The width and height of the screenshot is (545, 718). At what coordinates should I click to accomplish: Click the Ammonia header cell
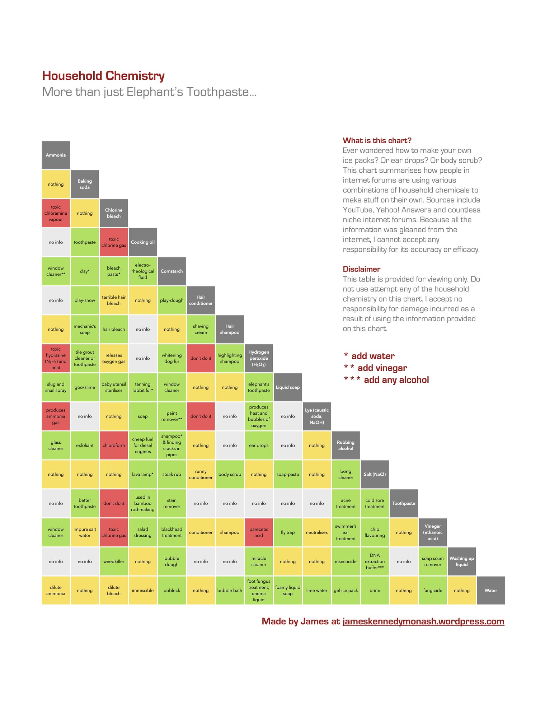pos(56,155)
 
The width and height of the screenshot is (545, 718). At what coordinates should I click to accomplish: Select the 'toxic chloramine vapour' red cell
pos(56,213)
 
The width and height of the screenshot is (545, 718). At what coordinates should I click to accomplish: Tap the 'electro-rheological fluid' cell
pos(143,271)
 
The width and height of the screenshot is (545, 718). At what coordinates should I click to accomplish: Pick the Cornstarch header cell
pos(172,271)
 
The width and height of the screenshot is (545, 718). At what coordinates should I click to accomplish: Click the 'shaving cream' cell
pos(201,329)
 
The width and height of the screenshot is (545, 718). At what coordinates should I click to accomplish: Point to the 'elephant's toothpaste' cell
pos(259,387)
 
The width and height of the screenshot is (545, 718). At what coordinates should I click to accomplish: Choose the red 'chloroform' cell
pos(114,446)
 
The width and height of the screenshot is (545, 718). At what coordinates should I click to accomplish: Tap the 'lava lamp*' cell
pos(143,475)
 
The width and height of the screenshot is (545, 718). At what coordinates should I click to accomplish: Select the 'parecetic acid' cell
pos(259,532)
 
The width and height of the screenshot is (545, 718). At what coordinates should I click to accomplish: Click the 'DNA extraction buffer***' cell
pos(375,561)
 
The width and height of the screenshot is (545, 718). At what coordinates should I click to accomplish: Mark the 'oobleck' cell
pos(172,591)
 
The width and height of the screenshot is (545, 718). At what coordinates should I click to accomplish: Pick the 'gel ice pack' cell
pos(346,591)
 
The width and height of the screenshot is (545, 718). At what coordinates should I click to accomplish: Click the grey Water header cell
pos(490,591)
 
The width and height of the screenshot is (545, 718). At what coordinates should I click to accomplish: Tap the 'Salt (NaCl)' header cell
pos(375,475)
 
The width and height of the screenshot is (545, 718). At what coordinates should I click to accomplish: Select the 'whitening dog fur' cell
pos(172,358)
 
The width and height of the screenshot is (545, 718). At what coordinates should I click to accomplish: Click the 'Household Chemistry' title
pos(103,76)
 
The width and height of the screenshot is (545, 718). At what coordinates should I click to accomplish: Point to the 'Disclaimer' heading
pos(361,269)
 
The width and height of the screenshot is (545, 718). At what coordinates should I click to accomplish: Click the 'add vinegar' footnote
pos(382,368)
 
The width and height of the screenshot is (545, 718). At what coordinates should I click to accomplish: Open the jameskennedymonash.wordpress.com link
pos(423,621)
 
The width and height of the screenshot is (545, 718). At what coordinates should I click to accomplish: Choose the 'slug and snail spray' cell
pos(56,387)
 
